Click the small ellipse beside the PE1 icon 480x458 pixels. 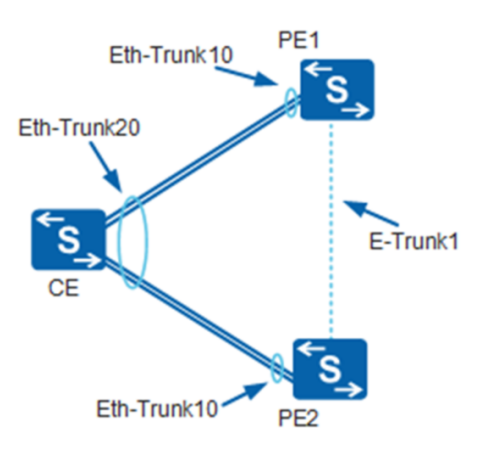tap(291, 103)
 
